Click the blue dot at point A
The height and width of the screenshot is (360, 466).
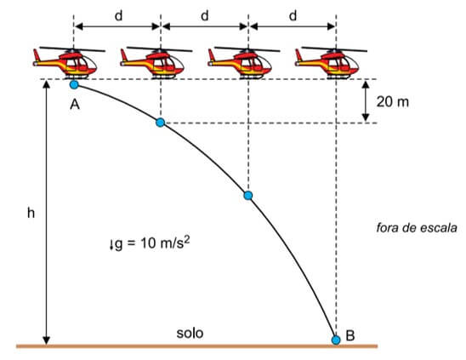(x=74, y=85)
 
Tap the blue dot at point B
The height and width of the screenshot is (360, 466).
(x=336, y=340)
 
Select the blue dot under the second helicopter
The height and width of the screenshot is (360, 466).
(x=160, y=123)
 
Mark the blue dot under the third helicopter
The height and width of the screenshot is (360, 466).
(x=248, y=196)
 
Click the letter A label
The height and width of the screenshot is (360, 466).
(x=75, y=105)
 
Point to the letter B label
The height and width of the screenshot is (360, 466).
(x=350, y=335)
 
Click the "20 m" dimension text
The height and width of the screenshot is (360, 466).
(x=393, y=102)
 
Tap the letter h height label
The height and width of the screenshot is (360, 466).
(x=31, y=213)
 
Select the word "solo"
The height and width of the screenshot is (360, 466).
(x=190, y=333)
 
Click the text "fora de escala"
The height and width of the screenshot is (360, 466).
(x=417, y=228)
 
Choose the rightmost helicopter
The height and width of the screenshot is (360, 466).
(x=331, y=62)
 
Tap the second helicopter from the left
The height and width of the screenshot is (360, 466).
(x=156, y=62)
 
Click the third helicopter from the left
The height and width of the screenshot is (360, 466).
(x=244, y=62)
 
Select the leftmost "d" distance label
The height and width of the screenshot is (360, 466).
(x=118, y=16)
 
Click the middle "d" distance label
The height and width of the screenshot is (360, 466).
(x=205, y=16)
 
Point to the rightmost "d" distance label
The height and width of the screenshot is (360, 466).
(x=293, y=16)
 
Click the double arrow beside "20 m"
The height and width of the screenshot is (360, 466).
(x=366, y=101)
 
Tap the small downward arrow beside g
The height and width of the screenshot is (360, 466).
(x=111, y=245)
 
